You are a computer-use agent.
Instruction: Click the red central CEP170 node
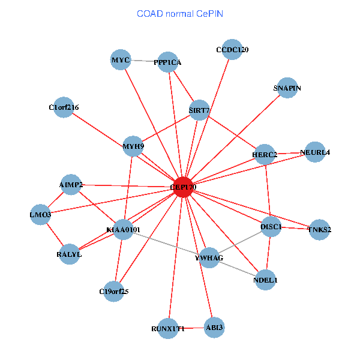[x=183, y=187]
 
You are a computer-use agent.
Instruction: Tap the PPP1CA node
[x=168, y=62]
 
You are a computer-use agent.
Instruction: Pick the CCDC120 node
[x=232, y=49]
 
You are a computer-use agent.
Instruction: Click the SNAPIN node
[x=287, y=88]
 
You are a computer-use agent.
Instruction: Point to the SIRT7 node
[x=199, y=110]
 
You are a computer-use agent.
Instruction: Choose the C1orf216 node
[x=64, y=107]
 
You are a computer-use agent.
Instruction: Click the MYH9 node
[x=133, y=146]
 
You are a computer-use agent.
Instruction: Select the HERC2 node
[x=265, y=154]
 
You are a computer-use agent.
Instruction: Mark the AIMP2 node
[x=71, y=184]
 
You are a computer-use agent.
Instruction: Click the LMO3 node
[x=41, y=214]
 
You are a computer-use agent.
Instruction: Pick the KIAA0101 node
[x=123, y=229]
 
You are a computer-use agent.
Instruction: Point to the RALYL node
[x=70, y=254]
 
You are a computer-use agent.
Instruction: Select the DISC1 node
[x=271, y=226]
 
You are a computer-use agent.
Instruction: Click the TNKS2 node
[x=319, y=229]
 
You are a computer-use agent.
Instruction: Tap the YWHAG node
[x=209, y=257]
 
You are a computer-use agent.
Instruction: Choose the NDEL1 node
[x=266, y=280]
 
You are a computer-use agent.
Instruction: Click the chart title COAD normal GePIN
[x=180, y=13]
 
